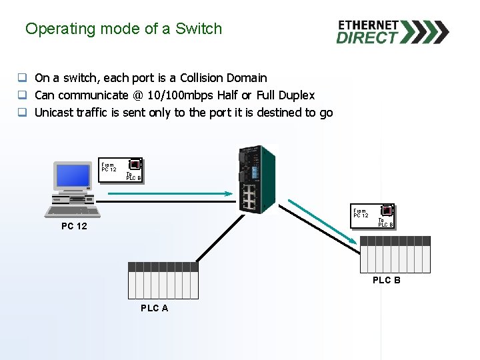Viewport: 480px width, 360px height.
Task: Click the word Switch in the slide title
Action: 199,29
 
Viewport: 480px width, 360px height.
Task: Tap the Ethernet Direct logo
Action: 393,32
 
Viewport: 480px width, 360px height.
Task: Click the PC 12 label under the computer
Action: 75,226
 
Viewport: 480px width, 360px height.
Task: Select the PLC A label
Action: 155,308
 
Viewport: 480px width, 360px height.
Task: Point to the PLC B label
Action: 387,280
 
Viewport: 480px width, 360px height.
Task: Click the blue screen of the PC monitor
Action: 73,176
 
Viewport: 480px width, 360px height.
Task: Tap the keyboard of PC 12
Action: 73,211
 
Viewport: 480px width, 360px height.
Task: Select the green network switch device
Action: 257,179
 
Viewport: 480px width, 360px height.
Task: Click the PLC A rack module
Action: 163,281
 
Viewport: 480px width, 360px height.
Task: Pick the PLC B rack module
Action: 395,255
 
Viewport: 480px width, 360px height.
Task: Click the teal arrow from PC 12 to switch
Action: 170,193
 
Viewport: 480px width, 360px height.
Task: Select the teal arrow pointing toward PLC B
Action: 323,221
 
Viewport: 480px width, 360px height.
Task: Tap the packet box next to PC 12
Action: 121,170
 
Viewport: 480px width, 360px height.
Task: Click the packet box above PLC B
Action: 373,216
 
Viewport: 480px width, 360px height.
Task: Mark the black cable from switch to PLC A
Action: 221,238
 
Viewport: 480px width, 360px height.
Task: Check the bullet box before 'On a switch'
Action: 23,77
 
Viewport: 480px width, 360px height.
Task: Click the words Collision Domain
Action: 223,78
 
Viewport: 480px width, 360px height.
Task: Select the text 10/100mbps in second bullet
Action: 180,95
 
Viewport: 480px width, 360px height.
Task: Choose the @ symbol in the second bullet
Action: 138,95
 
